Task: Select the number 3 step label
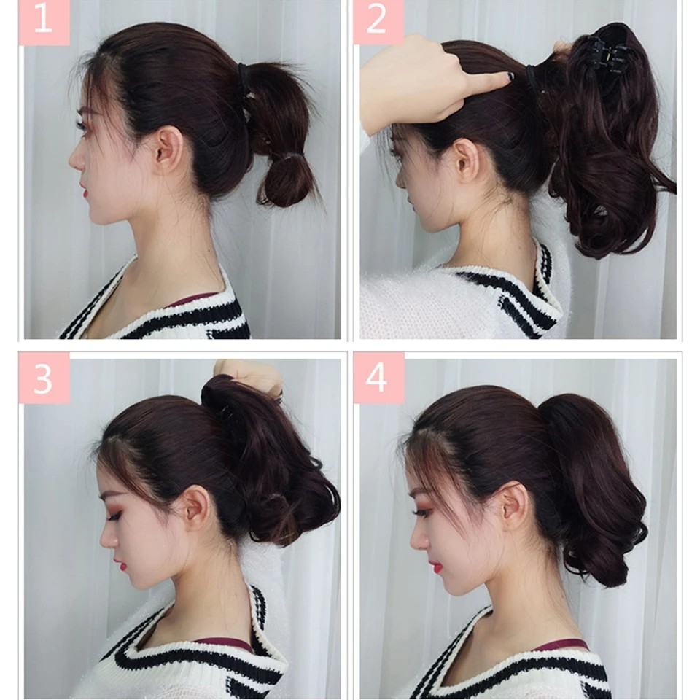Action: [44, 378]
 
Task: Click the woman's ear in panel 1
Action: [166, 149]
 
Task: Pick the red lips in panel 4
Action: [436, 567]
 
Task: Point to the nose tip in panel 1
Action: [71, 161]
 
